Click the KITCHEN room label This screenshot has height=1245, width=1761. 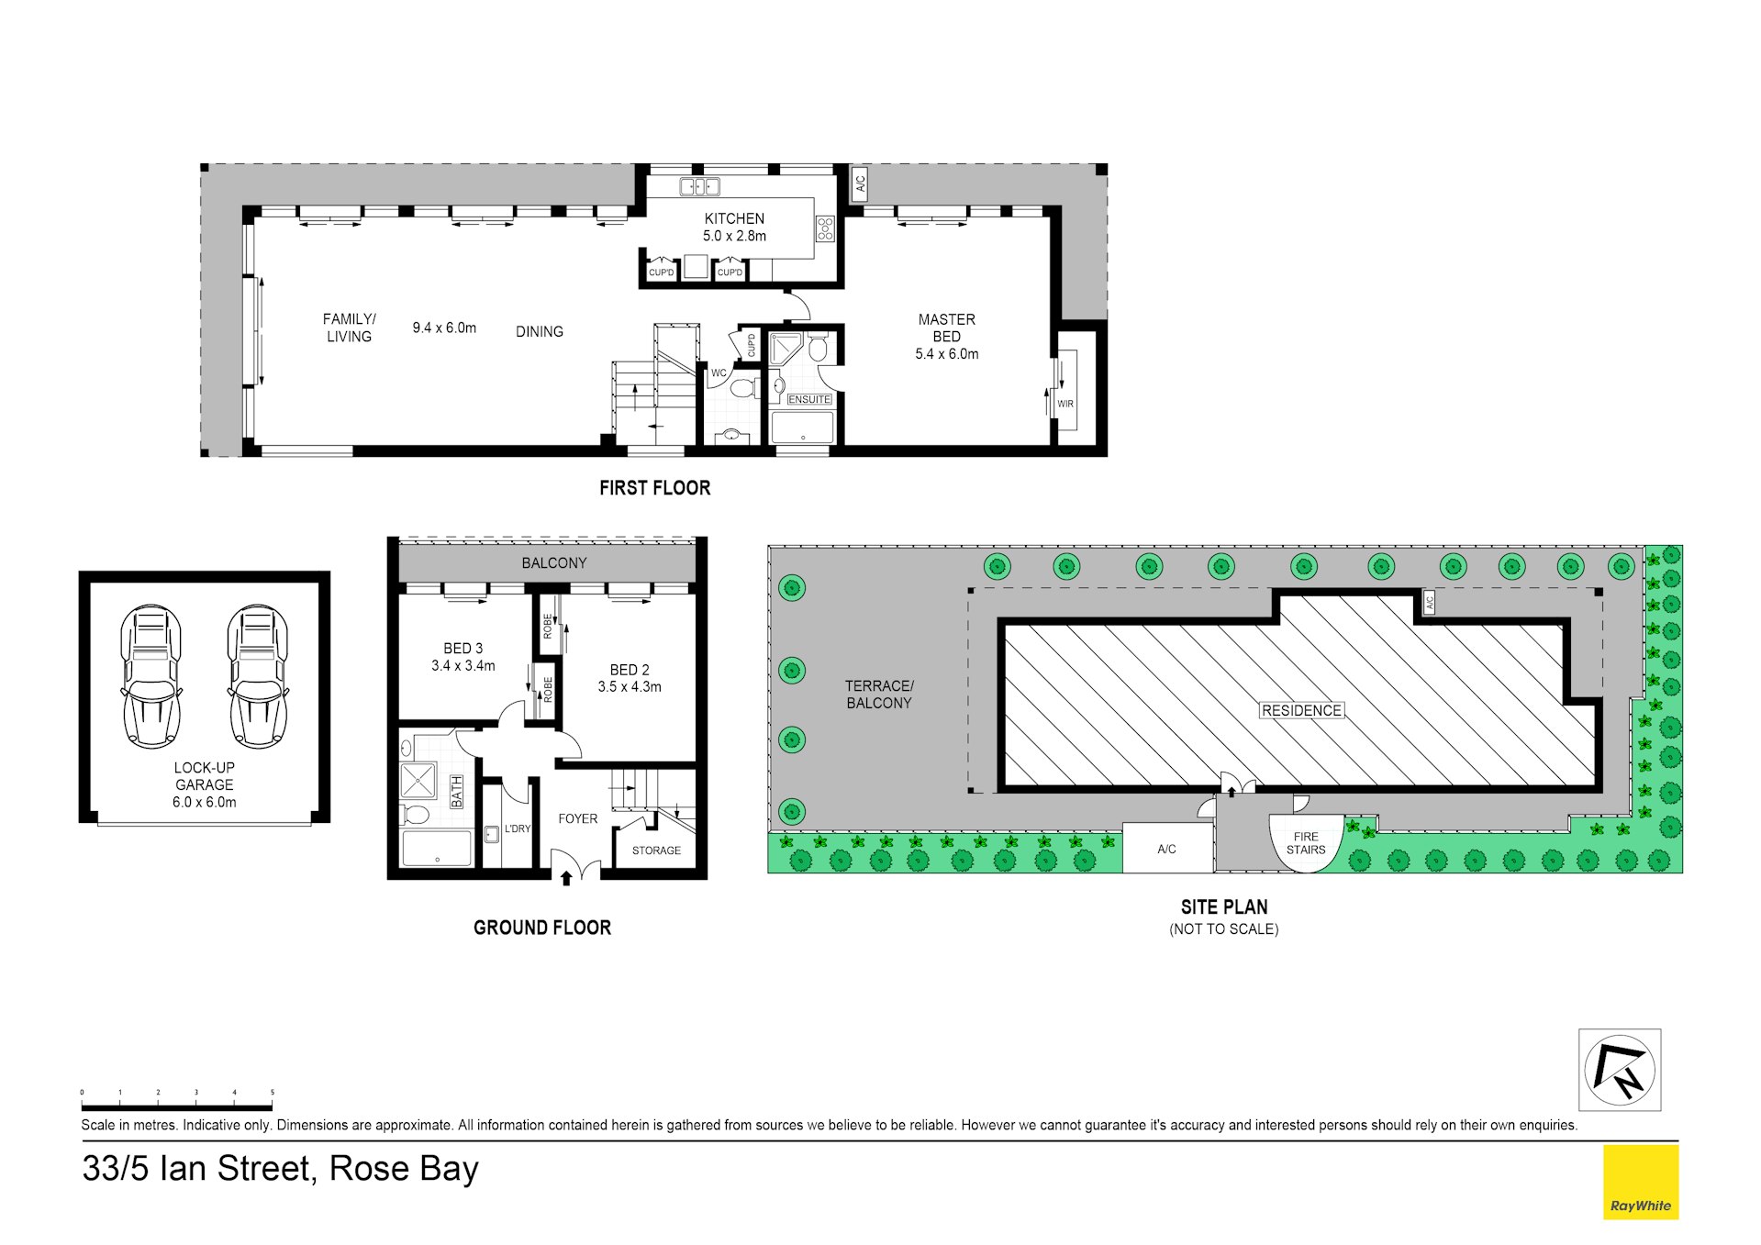click(x=733, y=218)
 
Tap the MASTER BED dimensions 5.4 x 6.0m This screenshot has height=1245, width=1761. click(x=946, y=354)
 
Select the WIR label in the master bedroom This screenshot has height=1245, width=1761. click(x=1064, y=404)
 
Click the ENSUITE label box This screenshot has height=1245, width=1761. click(x=808, y=399)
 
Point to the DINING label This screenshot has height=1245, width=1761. click(x=539, y=331)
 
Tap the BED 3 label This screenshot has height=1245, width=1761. click(x=463, y=648)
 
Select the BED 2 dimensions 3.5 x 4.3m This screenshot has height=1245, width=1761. click(x=629, y=686)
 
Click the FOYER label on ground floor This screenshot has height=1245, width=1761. click(x=577, y=818)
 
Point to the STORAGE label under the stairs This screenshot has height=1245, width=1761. click(x=656, y=850)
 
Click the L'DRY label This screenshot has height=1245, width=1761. click(x=518, y=828)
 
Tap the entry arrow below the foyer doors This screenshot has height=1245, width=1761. click(x=566, y=878)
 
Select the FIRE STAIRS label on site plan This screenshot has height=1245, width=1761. click(x=1305, y=843)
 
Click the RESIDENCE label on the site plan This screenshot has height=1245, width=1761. click(x=1300, y=710)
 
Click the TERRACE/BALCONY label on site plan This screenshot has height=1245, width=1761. click(x=878, y=694)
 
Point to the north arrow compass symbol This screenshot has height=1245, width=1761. click(x=1619, y=1070)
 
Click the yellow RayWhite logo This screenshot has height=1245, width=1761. click(x=1640, y=1182)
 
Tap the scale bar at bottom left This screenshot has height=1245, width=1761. click(x=176, y=1106)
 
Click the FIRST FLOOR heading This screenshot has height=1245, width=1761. click(x=654, y=488)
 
